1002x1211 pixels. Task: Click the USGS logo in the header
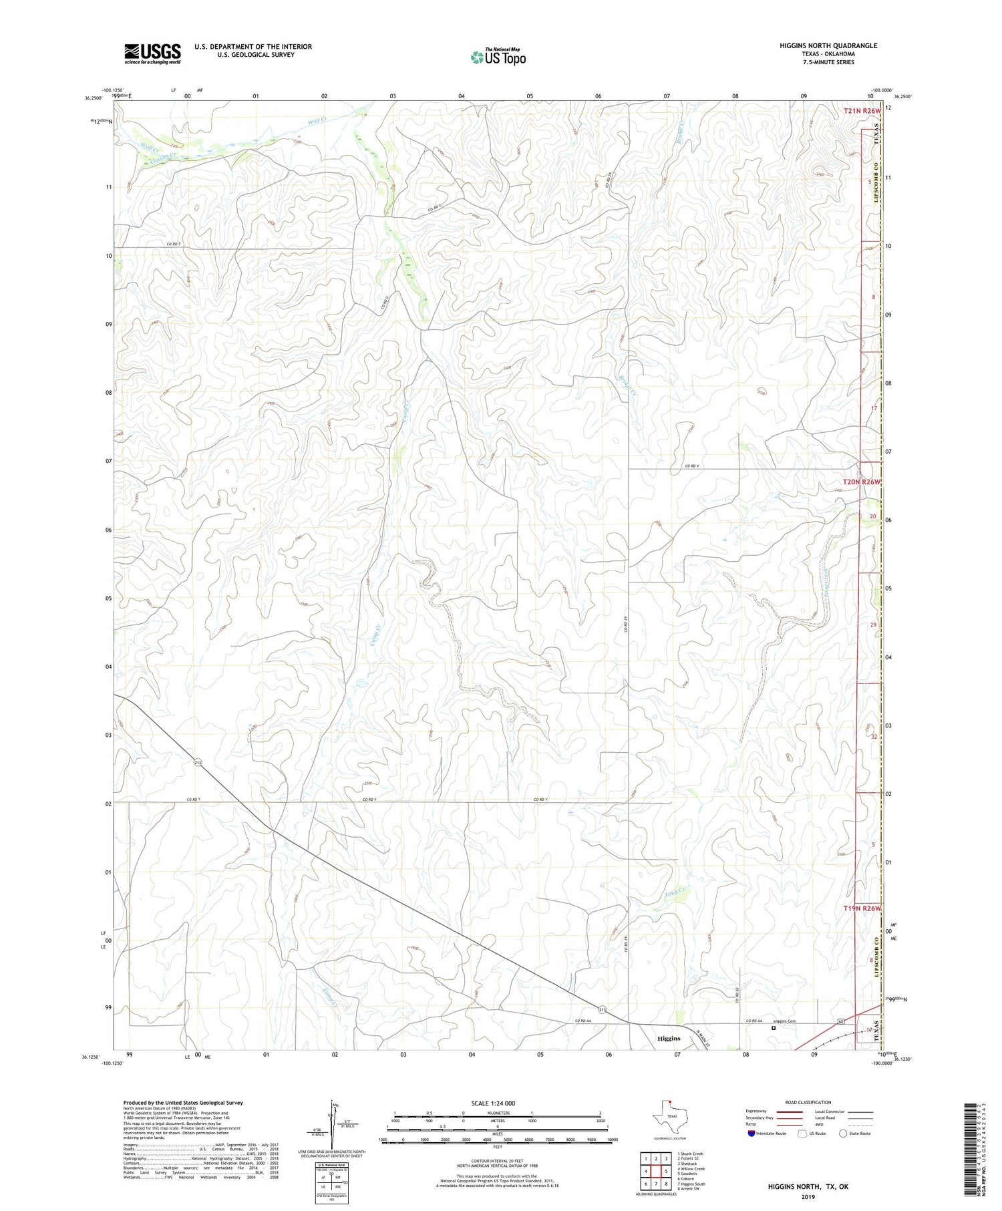tap(152, 53)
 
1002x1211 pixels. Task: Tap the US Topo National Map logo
tap(498, 57)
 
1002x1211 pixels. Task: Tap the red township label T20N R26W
tap(861, 482)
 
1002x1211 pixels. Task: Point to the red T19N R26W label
tap(861, 909)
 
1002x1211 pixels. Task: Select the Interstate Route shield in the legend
tap(753, 1134)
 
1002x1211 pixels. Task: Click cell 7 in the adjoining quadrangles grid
tap(656, 1184)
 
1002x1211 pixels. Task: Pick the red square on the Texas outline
tap(670, 1102)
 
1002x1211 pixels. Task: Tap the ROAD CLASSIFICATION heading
tap(808, 1102)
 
